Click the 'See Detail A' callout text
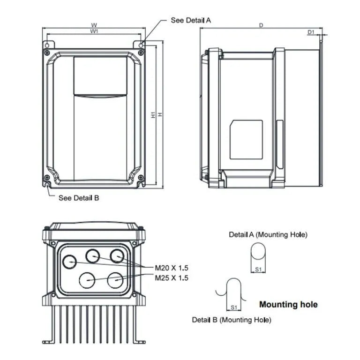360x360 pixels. coord(191,20)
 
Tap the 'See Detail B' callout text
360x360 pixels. coord(79,198)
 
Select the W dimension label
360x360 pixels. coord(94,25)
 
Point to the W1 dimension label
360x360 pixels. coord(94,31)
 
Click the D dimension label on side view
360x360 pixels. coord(261,25)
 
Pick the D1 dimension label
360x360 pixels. coord(311,32)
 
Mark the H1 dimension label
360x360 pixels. coord(153,115)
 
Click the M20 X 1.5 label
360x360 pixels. coord(172,268)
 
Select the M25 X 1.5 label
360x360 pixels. coord(172,278)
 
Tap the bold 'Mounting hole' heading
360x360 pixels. coord(288,304)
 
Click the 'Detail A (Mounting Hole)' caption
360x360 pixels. coord(268,234)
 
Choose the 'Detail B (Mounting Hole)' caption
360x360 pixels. coord(232,320)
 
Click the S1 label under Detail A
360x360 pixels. coord(258,270)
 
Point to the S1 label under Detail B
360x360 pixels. coord(234,307)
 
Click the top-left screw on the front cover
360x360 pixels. coord(47,53)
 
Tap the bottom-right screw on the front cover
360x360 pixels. coord(141,177)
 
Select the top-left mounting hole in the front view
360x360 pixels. coord(47,45)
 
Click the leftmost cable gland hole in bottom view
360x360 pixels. coord(69,262)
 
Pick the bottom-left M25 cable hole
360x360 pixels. coord(87,280)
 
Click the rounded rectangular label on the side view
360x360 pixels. coord(247,139)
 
